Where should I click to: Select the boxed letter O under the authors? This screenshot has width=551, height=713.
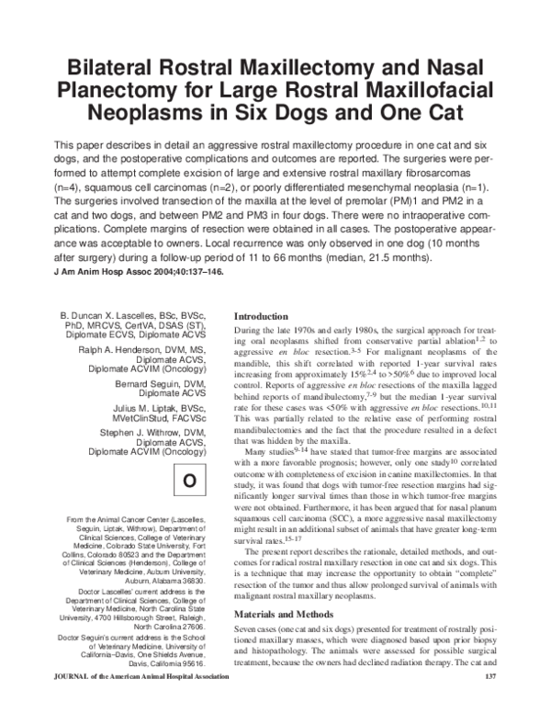(189, 481)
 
